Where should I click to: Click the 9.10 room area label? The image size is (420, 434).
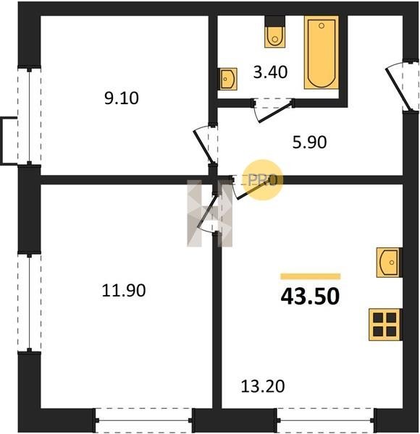coord(122,98)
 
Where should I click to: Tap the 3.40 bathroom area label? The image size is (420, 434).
coord(270,72)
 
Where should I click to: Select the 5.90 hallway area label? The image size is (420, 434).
coord(309,142)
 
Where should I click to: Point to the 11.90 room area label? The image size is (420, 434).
coord(124,291)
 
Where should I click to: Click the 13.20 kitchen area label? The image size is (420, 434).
coord(263,386)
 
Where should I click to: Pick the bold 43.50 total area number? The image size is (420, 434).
coord(310,296)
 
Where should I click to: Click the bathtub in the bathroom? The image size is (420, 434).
coord(322,53)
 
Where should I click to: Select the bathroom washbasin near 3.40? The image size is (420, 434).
coord(229,79)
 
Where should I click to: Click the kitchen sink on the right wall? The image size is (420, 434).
coord(389,263)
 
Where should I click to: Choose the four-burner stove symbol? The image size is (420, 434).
coord(385,324)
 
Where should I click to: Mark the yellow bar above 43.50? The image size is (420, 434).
coord(310,276)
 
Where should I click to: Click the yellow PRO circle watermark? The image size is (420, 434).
coord(263,179)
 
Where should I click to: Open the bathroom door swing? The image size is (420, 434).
coord(273,111)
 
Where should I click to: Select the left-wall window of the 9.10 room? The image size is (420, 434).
coord(29,116)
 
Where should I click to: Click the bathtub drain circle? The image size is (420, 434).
coord(322,26)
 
